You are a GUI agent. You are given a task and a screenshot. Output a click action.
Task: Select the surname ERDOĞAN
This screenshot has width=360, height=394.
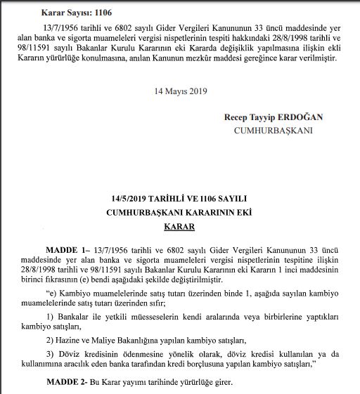tap(295, 117)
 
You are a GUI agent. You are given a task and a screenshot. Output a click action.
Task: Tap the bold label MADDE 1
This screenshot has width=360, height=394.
tap(68, 249)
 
